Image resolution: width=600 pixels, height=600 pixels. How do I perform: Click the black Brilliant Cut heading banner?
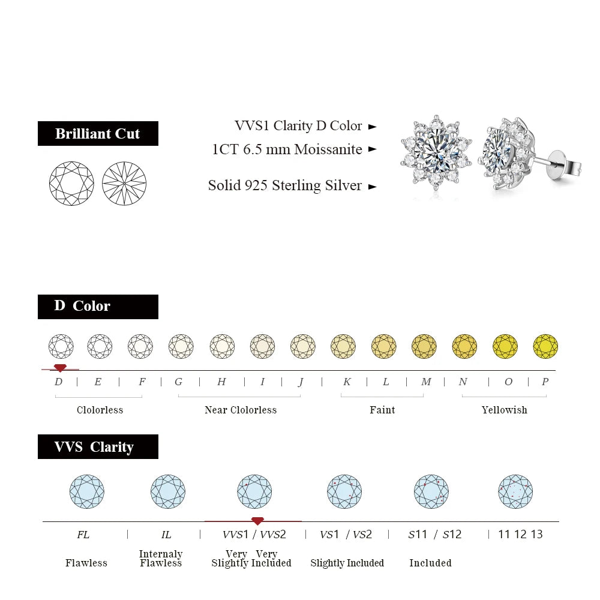click(x=98, y=133)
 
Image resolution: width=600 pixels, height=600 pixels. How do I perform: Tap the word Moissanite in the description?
click(x=328, y=149)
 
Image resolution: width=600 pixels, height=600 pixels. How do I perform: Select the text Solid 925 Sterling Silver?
click(x=285, y=185)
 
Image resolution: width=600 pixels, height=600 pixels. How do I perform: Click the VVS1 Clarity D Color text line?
click(x=298, y=126)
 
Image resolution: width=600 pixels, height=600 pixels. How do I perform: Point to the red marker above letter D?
click(x=59, y=367)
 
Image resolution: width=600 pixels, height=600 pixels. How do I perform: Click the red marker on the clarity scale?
click(x=257, y=521)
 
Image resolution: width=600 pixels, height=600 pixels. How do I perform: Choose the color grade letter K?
click(x=347, y=382)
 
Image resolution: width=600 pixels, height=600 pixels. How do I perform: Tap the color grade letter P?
click(x=545, y=382)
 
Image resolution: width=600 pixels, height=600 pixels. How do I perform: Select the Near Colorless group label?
click(x=241, y=410)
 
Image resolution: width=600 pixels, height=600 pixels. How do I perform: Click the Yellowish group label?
click(x=504, y=410)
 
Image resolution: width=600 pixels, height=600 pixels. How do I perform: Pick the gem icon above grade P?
click(x=545, y=346)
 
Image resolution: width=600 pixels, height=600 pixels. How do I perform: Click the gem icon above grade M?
click(x=424, y=346)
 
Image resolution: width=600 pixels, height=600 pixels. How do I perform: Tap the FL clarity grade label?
click(x=83, y=534)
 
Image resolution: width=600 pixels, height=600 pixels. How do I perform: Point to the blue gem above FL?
click(x=87, y=491)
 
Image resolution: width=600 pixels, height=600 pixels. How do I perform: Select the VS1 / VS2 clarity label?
click(x=346, y=534)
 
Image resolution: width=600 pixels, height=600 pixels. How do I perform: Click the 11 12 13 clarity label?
click(x=520, y=534)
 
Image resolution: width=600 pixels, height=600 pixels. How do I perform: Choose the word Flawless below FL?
click(x=86, y=563)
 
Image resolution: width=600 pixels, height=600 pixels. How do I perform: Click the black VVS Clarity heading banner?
click(x=98, y=447)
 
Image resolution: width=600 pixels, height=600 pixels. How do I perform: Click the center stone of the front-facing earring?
click(x=436, y=153)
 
